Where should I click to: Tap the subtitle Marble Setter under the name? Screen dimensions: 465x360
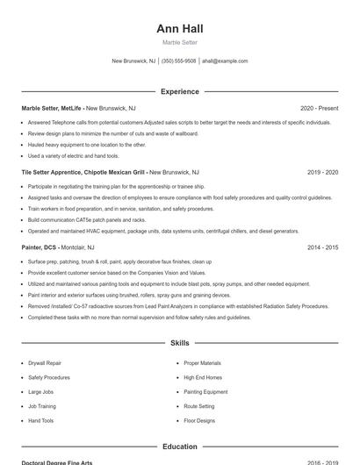(x=180, y=42)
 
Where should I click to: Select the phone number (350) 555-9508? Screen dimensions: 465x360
(x=179, y=61)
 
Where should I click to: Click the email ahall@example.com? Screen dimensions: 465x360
(x=225, y=61)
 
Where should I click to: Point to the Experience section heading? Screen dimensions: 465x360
(x=180, y=91)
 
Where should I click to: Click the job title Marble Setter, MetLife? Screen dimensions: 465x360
(x=52, y=108)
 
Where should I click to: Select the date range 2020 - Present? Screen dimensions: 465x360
(x=319, y=108)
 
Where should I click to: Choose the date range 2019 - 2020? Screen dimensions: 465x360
(x=322, y=173)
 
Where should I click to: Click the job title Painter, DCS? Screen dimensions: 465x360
(x=40, y=248)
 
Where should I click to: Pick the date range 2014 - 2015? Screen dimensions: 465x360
(x=322, y=248)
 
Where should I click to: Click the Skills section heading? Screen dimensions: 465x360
(x=180, y=343)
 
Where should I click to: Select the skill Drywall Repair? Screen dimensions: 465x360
(x=45, y=362)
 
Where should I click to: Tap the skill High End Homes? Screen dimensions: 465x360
(x=202, y=377)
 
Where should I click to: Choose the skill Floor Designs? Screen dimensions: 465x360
(x=199, y=421)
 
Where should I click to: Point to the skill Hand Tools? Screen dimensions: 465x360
(x=41, y=421)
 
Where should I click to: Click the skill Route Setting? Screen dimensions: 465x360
(x=199, y=406)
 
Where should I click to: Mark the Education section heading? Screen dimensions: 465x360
(x=180, y=447)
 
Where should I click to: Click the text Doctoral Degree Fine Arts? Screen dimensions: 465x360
(x=57, y=462)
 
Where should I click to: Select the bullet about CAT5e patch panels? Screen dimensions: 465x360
(x=87, y=220)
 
